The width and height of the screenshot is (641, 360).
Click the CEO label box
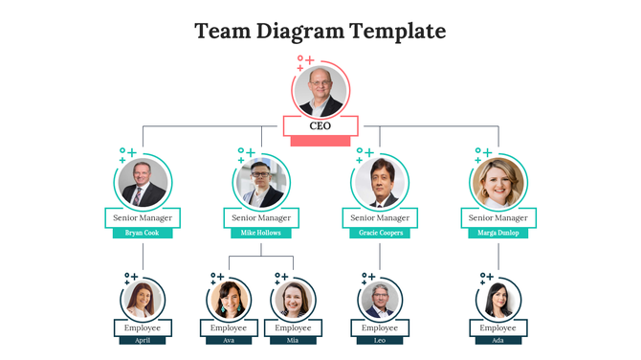[x=320, y=125]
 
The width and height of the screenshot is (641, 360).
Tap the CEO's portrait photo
[x=320, y=91]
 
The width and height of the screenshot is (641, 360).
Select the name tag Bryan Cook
[x=143, y=233]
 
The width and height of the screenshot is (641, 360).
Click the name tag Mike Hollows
[x=261, y=233]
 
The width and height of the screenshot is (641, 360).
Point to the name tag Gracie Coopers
[x=380, y=233]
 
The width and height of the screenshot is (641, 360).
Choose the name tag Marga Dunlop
[x=498, y=233]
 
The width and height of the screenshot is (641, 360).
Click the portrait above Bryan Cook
[x=143, y=182]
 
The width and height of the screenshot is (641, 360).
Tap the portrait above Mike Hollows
[x=261, y=182]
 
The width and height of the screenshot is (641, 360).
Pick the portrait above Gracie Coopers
[x=380, y=182]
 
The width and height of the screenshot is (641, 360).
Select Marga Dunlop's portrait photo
[x=498, y=182]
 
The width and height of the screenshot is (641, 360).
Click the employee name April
[x=143, y=340]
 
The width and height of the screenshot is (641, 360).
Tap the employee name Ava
[x=230, y=340]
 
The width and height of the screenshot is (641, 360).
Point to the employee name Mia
[x=293, y=340]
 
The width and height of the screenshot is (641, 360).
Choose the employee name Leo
[x=380, y=340]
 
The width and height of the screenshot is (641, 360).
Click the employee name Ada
[x=498, y=340]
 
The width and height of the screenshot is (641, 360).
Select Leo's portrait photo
[x=380, y=300]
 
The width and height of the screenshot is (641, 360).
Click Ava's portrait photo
[x=230, y=300]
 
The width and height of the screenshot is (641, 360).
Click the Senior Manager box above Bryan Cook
[x=143, y=218]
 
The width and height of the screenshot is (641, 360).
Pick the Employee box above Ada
[x=498, y=327]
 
